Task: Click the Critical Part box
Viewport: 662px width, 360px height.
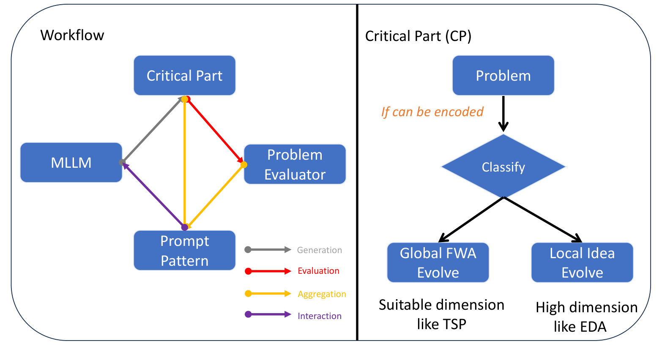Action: click(x=184, y=76)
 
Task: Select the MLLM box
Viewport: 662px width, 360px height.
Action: click(x=71, y=163)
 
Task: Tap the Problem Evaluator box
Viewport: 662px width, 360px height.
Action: click(x=295, y=164)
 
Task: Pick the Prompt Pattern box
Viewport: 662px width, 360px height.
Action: click(x=184, y=251)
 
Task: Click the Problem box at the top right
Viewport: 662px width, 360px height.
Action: click(x=503, y=76)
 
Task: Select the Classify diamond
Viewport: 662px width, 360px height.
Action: click(x=503, y=167)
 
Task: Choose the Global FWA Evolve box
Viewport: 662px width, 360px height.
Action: click(x=438, y=262)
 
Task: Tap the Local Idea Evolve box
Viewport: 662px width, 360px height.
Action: click(x=582, y=262)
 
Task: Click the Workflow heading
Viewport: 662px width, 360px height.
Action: click(x=72, y=35)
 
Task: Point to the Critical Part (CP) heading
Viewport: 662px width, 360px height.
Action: click(x=418, y=36)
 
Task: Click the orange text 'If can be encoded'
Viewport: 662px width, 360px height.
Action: click(x=432, y=112)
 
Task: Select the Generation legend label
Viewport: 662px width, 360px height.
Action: click(x=319, y=250)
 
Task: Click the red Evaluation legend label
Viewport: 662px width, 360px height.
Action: click(x=318, y=271)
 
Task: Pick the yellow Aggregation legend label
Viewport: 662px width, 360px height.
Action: click(x=322, y=294)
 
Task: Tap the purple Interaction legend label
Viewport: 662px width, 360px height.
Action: click(x=319, y=316)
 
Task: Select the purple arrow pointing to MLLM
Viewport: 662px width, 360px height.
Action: click(x=153, y=195)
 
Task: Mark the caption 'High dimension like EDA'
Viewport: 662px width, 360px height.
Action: click(x=586, y=317)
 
